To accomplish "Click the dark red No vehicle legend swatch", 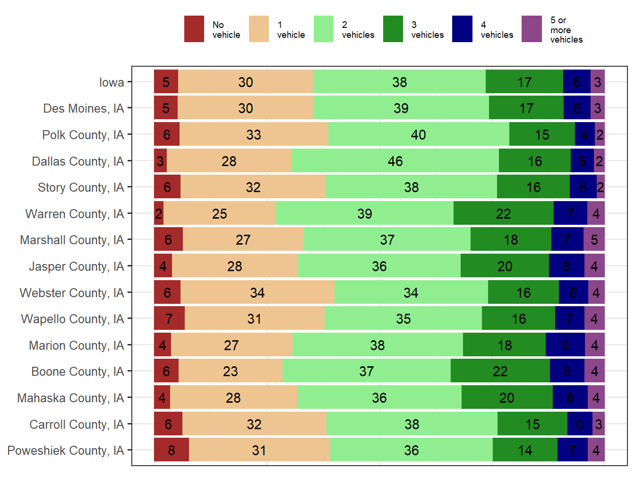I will point(194,29).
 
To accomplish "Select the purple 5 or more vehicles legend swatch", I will point(532,29).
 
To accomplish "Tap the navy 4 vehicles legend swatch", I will point(462,29).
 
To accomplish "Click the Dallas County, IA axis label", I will point(77,161).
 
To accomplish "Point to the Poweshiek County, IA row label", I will point(66,450).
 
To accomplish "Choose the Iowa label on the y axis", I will point(112,82).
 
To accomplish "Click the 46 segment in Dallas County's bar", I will point(395,161).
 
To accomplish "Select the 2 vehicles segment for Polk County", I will point(419,134).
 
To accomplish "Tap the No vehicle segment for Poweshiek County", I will point(172,450).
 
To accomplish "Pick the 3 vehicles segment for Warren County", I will point(503,213).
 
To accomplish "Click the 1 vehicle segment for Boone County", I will point(231,371).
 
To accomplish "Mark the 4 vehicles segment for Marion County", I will point(565,345).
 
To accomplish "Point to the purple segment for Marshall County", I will point(594,240).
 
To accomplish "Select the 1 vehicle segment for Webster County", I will point(257,292).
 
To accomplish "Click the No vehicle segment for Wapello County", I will point(169,318).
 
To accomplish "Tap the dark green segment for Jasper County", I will point(505,266).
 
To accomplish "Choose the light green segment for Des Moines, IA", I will point(401,108).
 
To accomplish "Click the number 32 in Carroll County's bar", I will point(254,424).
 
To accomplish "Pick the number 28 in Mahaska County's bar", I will point(233,397).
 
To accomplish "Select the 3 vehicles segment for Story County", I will point(533,187).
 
